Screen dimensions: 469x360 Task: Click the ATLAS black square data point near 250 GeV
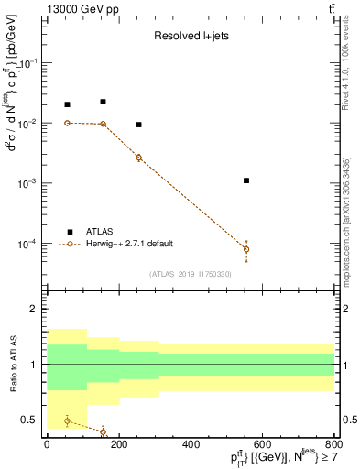tap(138, 125)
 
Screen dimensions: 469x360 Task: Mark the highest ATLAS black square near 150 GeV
tap(103, 102)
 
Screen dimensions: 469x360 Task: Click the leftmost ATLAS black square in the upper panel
tap(67, 104)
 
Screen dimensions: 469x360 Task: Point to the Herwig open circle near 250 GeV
tap(138, 158)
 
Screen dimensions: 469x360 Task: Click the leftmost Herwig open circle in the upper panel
tap(67, 123)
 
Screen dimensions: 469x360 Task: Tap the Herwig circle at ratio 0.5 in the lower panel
tap(67, 420)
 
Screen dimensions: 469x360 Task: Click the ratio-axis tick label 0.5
tap(34, 420)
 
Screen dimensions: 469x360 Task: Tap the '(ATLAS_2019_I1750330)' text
tap(190, 274)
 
